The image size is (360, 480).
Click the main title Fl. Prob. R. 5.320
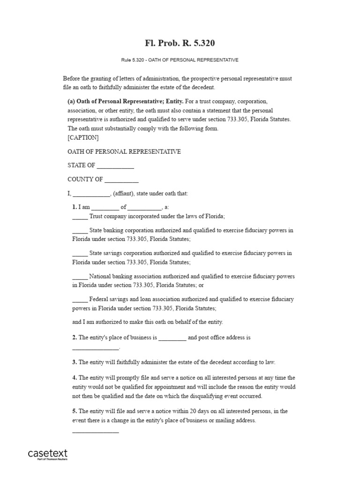pos(180,44)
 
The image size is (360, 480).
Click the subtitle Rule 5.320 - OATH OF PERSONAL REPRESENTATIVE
pos(180,60)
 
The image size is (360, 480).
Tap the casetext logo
pos(48,454)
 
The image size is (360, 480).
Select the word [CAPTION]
pos(83,138)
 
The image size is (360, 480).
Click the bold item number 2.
pos(75,337)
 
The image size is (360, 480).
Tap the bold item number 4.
pos(75,378)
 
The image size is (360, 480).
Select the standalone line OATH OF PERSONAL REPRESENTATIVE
pos(124,152)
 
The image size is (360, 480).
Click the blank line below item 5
pos(96,432)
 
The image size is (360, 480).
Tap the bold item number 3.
pos(75,362)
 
